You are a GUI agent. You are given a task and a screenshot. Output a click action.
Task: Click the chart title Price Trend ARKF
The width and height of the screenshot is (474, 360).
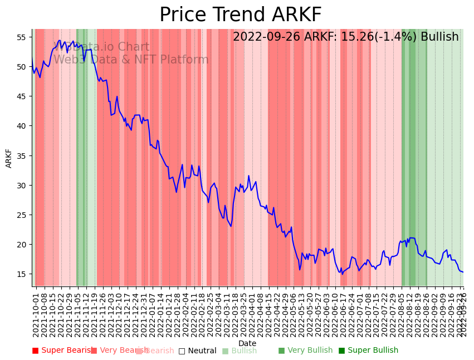[240, 15]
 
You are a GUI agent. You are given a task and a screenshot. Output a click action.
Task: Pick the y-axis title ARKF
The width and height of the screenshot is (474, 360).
[9, 158]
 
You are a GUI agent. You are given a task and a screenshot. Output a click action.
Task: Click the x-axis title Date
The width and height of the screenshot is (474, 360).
[247, 344]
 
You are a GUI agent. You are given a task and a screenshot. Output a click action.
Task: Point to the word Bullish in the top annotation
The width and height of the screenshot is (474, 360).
[439, 37]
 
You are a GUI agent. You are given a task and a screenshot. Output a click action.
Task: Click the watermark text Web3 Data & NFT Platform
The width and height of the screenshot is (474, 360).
[131, 60]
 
